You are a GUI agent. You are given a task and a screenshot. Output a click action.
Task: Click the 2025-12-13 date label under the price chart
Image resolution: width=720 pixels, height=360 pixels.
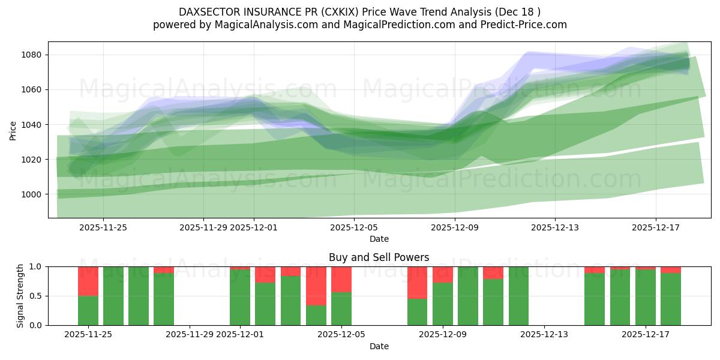pyautogui.click(x=554, y=227)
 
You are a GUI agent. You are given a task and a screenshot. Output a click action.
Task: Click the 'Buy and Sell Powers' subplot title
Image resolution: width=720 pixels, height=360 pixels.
pyautogui.click(x=379, y=257)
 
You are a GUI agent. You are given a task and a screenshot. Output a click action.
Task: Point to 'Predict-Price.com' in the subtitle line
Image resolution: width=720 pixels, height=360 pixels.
pyautogui.click(x=526, y=25)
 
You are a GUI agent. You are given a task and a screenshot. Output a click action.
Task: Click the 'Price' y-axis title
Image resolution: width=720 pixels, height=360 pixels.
pyautogui.click(x=13, y=130)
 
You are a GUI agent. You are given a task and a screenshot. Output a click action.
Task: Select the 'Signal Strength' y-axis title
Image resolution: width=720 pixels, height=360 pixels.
pyautogui.click(x=20, y=296)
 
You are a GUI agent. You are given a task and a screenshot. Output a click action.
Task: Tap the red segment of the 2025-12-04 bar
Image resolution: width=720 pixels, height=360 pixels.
pyautogui.click(x=316, y=286)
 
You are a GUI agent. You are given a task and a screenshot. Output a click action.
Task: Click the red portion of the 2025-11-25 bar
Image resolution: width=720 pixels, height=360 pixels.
pyautogui.click(x=88, y=281)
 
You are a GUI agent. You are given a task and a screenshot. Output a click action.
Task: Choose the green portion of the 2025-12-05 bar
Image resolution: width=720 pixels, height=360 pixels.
pyautogui.click(x=341, y=308)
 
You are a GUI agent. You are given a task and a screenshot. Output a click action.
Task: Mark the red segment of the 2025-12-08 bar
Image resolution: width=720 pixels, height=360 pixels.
pyautogui.click(x=418, y=283)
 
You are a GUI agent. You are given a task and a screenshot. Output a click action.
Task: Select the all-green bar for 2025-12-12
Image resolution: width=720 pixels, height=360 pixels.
pyautogui.click(x=518, y=296)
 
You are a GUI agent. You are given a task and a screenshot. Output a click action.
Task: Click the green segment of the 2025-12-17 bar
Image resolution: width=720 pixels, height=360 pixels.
pyautogui.click(x=646, y=298)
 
